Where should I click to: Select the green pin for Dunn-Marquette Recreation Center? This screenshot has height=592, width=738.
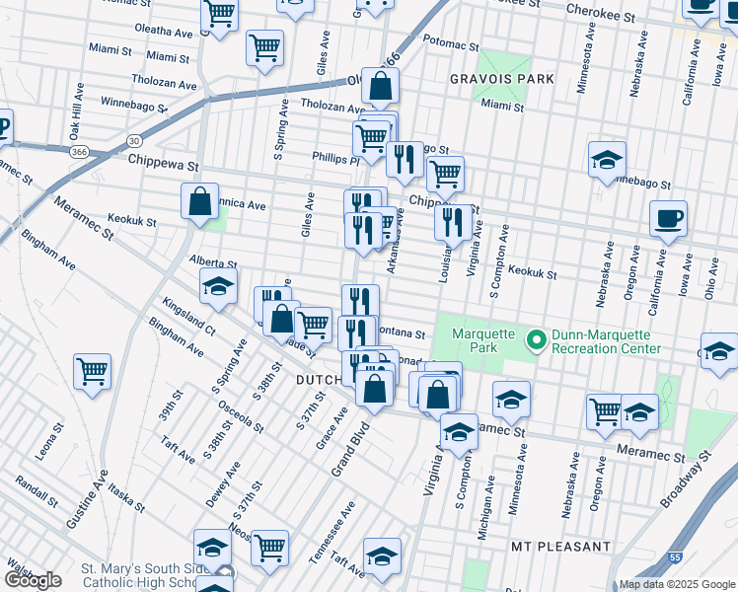click(x=537, y=340)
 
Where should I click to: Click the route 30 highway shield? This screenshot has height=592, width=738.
click(x=132, y=141)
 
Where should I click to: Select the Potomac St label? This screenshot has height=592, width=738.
click(x=451, y=45)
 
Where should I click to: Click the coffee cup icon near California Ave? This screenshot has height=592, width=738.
click(x=668, y=218)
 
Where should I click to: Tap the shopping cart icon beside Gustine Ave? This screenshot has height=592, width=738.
click(x=93, y=372)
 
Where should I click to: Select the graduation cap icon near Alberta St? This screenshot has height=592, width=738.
click(x=218, y=287)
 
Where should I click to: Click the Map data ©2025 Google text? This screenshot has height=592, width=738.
click(x=675, y=584)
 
